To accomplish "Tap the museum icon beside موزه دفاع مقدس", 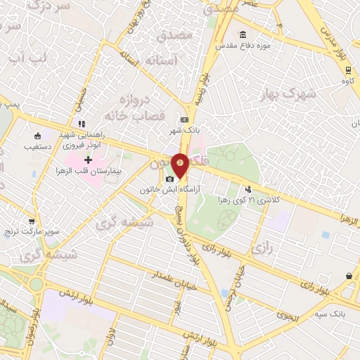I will pos(243,35).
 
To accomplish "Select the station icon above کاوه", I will pos(347,70).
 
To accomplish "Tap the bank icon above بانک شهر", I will pos(184,120).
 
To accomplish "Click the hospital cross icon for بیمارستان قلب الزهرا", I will pos(88,161).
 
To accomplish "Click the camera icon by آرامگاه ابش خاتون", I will pos(170,180).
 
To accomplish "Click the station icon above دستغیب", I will pos(37,136).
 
